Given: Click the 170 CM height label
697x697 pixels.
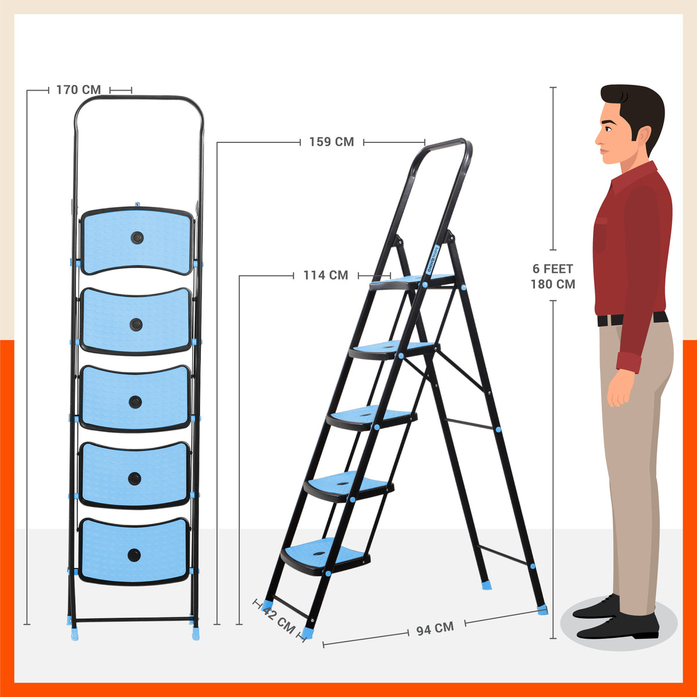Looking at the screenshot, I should pos(78,90).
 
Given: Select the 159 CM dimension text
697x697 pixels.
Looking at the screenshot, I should pos(331,142).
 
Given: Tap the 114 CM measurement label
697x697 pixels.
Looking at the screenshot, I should pos(325,275).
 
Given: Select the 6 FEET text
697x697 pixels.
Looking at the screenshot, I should pos(552,269).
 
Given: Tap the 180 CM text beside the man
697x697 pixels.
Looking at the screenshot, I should pos(552,284).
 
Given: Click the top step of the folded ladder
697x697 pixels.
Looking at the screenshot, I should pos(137,240).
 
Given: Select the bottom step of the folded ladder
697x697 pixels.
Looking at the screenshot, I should pos(134,551).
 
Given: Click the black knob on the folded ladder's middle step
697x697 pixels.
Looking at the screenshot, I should pos(135,401).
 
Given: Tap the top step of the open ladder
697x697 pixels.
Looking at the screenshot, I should pos(412,282).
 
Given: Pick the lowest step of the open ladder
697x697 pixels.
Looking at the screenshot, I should pos(325,555).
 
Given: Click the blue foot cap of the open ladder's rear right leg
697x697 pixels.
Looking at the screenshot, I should pos(542,609).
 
